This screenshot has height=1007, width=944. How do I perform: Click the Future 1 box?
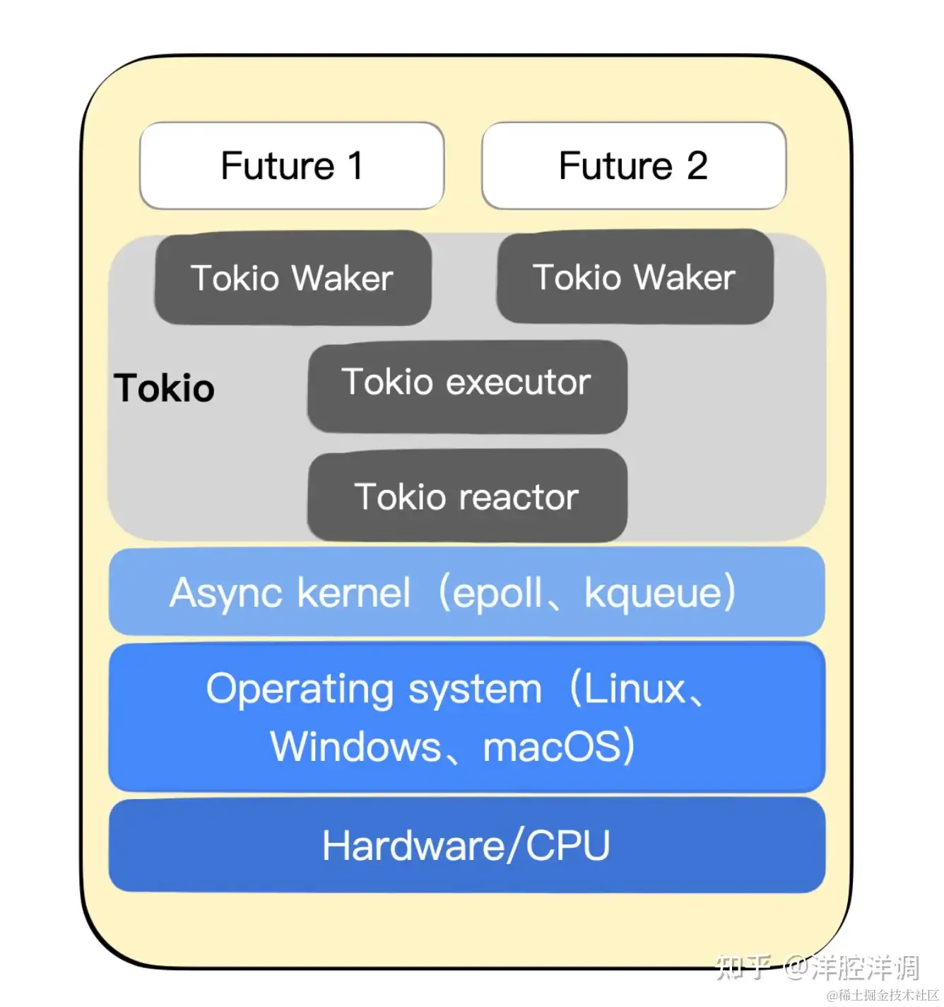click(292, 166)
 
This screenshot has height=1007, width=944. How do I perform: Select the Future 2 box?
click(633, 166)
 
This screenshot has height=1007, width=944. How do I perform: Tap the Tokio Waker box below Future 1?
click(293, 278)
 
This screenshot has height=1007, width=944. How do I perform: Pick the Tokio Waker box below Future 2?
click(635, 277)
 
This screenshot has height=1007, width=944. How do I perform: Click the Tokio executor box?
click(467, 385)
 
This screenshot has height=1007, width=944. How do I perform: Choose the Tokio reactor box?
click(467, 496)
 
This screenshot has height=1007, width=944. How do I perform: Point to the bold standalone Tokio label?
click(165, 388)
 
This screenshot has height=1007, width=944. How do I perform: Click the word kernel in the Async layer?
click(353, 593)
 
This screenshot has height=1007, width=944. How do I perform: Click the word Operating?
click(300, 689)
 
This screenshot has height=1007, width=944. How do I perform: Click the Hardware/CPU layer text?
click(466, 846)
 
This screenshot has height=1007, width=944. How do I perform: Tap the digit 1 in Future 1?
click(355, 166)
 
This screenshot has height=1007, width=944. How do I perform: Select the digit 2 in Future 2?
click(697, 166)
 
